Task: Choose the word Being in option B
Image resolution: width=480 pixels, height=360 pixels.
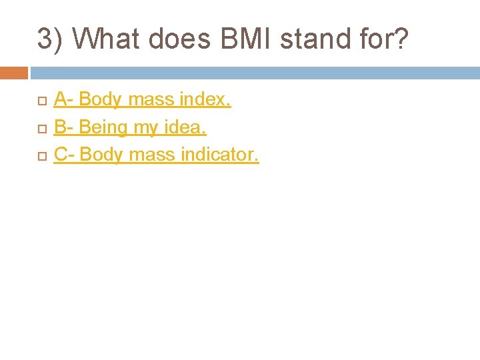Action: click(x=105, y=127)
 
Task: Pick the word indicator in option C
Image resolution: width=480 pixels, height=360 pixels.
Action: click(x=223, y=155)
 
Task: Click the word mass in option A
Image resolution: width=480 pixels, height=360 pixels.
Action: click(x=151, y=100)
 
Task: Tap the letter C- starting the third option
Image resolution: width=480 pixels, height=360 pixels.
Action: click(x=64, y=155)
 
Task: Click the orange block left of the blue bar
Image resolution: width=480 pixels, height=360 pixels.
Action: click(x=13, y=73)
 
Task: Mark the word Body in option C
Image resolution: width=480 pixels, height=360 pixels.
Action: click(x=101, y=155)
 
